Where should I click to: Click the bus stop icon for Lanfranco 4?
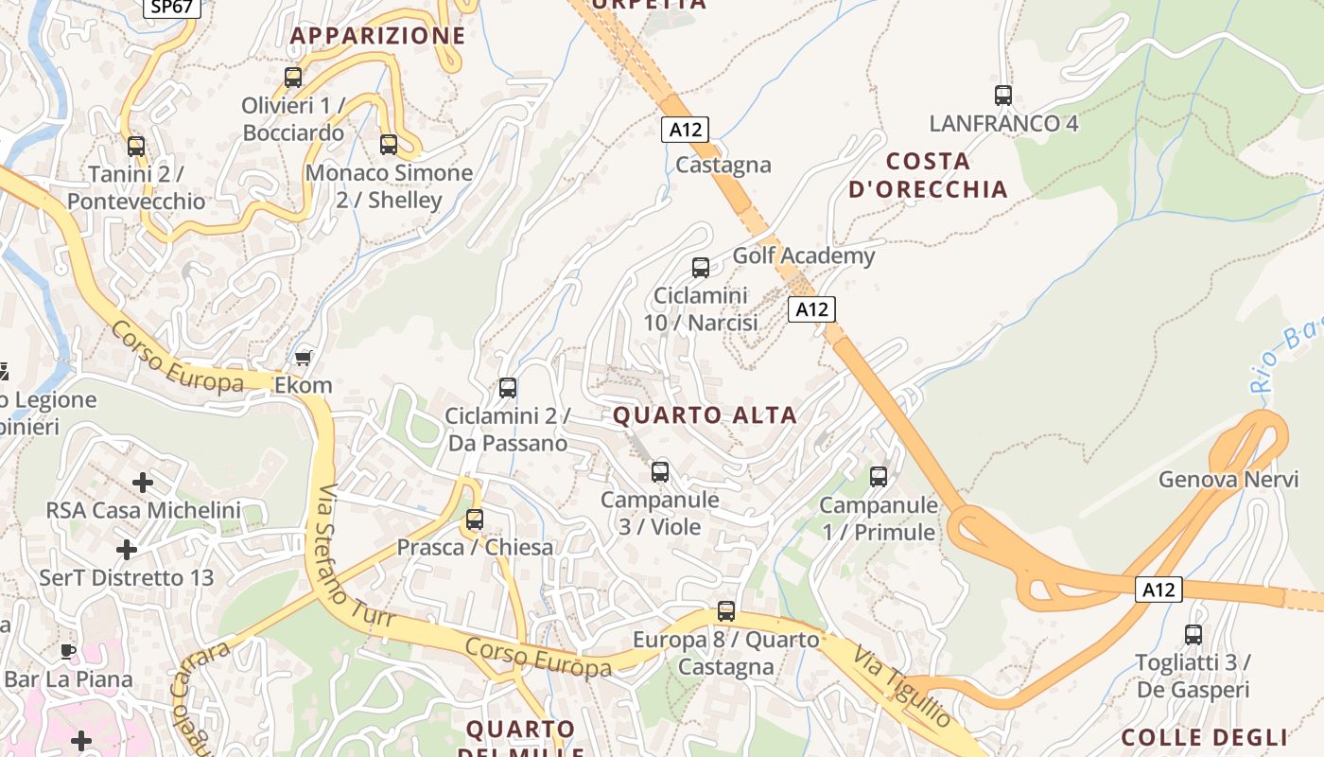pyautogui.click(x=1003, y=96)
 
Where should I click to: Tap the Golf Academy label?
pyautogui.click(x=804, y=255)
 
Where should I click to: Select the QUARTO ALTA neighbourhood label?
pyautogui.click(x=705, y=415)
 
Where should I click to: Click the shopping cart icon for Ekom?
pyautogui.click(x=303, y=358)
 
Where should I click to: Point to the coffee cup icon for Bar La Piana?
pyautogui.click(x=67, y=651)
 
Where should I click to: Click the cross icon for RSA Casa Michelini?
pyautogui.click(x=143, y=483)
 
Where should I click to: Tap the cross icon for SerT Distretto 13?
pyautogui.click(x=126, y=550)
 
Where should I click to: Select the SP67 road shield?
pyautogui.click(x=171, y=7)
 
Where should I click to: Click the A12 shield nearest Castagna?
pyautogui.click(x=685, y=130)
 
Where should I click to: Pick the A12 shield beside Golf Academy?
pyautogui.click(x=811, y=308)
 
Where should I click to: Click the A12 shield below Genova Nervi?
pyautogui.click(x=1158, y=590)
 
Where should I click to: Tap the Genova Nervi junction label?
pyautogui.click(x=1228, y=480)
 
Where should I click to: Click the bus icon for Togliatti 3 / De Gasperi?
pyautogui.click(x=1193, y=635)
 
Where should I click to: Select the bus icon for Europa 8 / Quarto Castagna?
pyautogui.click(x=726, y=611)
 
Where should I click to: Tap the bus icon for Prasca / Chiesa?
pyautogui.click(x=475, y=519)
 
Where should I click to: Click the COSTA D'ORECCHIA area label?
pyautogui.click(x=928, y=175)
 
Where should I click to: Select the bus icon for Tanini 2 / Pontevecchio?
pyautogui.click(x=136, y=147)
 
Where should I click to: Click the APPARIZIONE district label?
pyautogui.click(x=377, y=36)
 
